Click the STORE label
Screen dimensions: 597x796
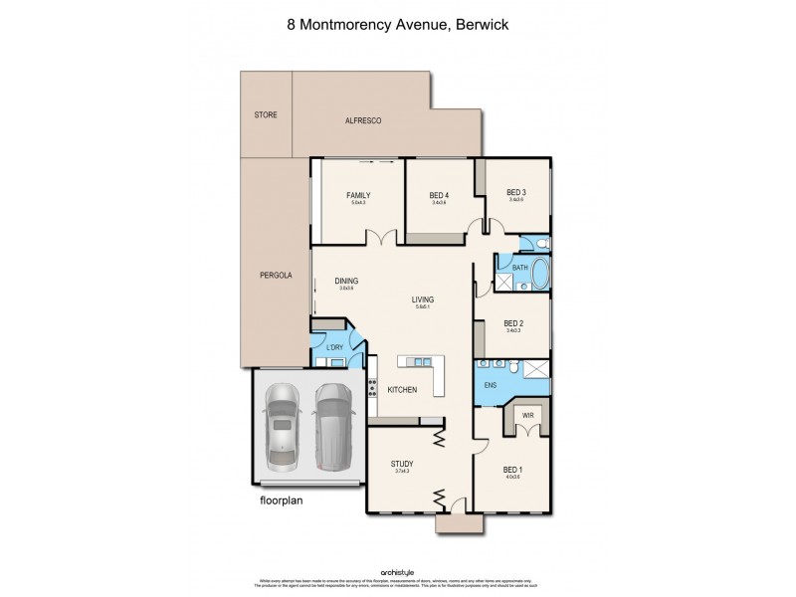tap(266, 115)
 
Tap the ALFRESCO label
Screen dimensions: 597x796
tap(363, 120)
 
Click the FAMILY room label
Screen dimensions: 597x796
tap(358, 195)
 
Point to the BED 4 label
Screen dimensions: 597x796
tap(439, 195)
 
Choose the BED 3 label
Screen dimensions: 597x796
tap(515, 192)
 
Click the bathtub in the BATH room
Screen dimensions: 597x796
tap(541, 275)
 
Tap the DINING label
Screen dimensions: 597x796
tap(346, 281)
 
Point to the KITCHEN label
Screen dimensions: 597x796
tap(401, 390)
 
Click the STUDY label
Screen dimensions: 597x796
tap(402, 463)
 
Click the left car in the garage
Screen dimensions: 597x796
tap(282, 424)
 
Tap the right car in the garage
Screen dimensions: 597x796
tap(331, 424)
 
